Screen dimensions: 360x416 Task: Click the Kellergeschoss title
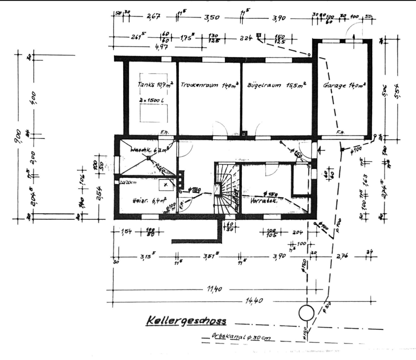click(186, 322)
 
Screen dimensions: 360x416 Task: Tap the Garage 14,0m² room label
click(344, 86)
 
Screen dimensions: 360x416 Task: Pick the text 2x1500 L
click(151, 100)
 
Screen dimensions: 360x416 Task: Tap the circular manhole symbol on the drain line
click(306, 312)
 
